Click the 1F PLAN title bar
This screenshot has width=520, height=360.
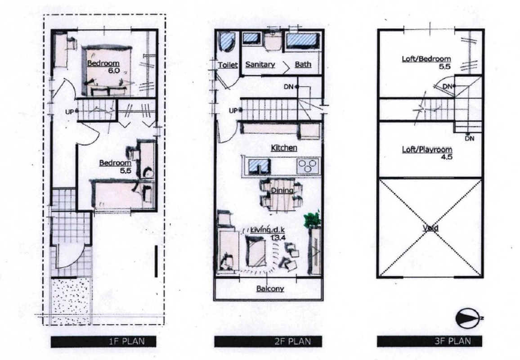point(103,342)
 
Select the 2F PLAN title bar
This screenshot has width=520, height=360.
point(268,342)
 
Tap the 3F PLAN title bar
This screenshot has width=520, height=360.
point(430,341)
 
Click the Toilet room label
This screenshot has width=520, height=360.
point(228,65)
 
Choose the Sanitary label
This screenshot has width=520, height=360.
point(260,64)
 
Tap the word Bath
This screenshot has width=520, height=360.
point(303,64)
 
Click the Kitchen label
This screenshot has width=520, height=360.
point(284,148)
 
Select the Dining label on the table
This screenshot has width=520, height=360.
point(282,190)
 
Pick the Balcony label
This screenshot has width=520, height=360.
point(270,288)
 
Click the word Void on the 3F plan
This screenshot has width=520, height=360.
point(430,228)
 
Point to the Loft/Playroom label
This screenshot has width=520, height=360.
point(427,150)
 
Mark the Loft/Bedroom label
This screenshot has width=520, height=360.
point(426,59)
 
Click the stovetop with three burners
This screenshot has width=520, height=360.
point(308,166)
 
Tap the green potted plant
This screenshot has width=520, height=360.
point(312,219)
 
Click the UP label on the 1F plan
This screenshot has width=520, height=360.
point(69,112)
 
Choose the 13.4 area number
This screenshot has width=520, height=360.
point(278,237)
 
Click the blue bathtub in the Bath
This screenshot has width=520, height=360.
point(302,41)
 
